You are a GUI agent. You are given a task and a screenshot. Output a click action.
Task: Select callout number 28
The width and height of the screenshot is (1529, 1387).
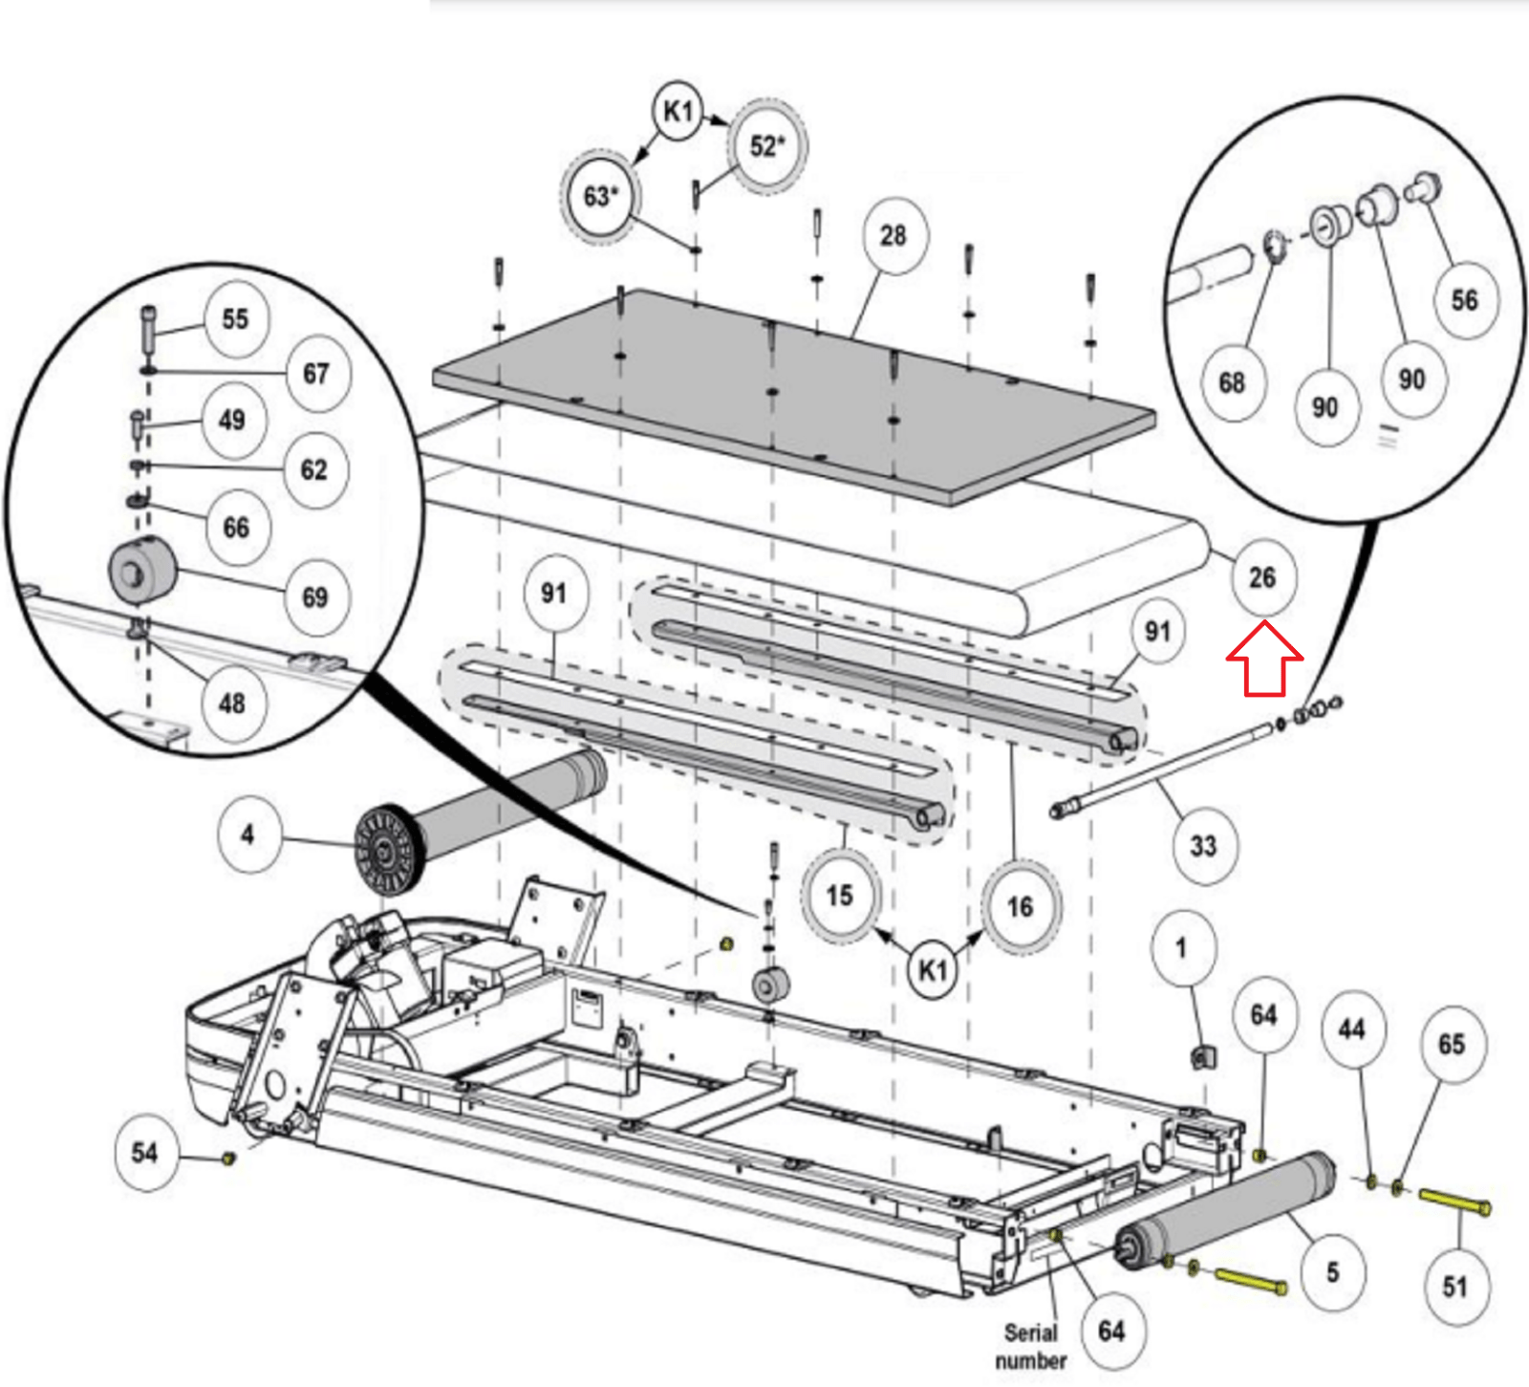(x=894, y=236)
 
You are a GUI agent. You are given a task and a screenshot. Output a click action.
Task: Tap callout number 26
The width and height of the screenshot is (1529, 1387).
(x=1261, y=577)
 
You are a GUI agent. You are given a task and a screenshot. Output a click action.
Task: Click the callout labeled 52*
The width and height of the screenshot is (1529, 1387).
(x=766, y=146)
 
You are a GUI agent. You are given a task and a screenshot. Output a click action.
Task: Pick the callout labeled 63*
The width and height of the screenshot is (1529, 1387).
(x=600, y=196)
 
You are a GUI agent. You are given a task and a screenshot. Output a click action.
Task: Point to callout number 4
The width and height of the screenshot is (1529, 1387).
(x=248, y=834)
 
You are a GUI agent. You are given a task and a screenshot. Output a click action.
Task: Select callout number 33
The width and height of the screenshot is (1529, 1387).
(x=1203, y=845)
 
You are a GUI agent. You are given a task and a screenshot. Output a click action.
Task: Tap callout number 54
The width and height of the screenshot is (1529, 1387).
(x=144, y=1152)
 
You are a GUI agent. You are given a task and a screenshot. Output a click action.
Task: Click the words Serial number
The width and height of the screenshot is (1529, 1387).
(x=1030, y=1346)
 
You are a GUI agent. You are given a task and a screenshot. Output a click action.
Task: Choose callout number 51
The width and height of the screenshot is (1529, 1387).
(x=1454, y=1287)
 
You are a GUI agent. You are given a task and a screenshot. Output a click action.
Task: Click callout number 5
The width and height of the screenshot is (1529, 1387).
(x=1332, y=1272)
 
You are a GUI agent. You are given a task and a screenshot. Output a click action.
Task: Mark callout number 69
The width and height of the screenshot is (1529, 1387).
(x=314, y=597)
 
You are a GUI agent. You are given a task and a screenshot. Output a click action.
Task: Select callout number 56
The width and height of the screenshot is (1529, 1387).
(x=1464, y=300)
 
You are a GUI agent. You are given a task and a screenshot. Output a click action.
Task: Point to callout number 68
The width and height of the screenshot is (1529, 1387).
(x=1232, y=383)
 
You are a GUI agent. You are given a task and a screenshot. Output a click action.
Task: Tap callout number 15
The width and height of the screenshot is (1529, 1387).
(x=839, y=896)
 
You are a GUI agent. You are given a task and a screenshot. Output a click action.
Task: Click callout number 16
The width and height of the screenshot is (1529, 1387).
(x=1020, y=906)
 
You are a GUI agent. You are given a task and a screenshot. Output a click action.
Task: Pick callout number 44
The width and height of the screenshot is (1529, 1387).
(x=1351, y=1029)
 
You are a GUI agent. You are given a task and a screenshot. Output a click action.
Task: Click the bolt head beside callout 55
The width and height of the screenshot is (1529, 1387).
(x=148, y=315)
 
